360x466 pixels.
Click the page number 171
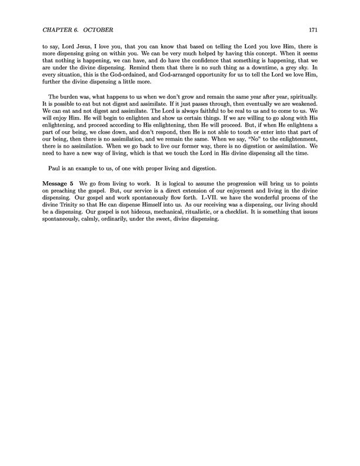[x=312, y=30]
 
